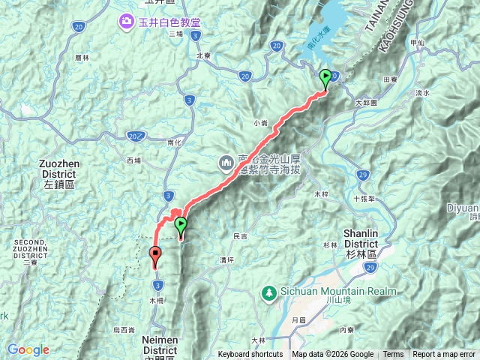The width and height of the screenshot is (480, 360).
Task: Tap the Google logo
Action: point(28,350)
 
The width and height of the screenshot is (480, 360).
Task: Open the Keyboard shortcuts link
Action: point(250,355)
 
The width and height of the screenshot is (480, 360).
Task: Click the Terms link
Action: point(393,355)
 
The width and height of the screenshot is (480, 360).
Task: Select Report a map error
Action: point(445,355)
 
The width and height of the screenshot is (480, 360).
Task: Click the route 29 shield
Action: point(363,175)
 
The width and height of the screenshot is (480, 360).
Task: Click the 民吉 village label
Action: point(240,236)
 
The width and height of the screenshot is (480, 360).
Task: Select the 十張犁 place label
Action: point(362,199)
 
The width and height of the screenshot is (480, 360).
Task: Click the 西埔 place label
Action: point(133,160)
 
